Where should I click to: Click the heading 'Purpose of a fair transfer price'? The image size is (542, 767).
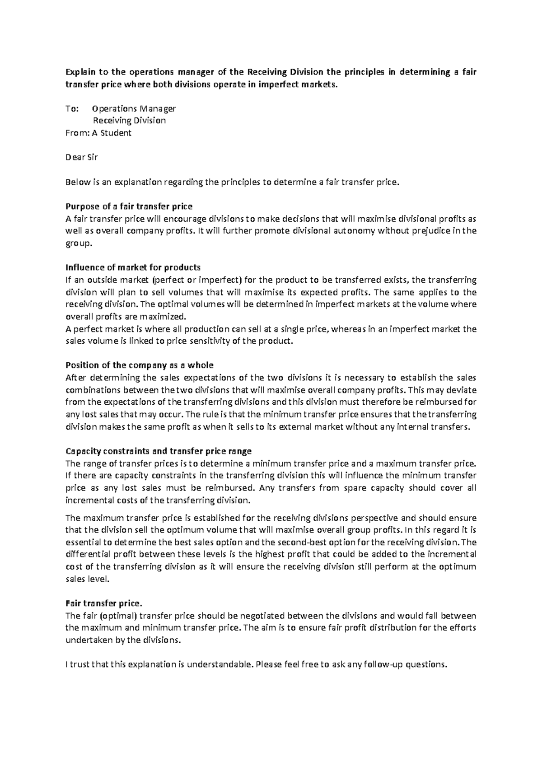click(x=129, y=206)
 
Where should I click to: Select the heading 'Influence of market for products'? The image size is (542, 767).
click(x=133, y=267)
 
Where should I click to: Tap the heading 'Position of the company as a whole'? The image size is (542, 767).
click(x=140, y=365)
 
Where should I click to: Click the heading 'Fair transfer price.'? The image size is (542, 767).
click(x=104, y=603)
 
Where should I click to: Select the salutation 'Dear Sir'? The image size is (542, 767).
click(x=82, y=158)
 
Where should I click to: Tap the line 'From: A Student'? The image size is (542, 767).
click(x=98, y=133)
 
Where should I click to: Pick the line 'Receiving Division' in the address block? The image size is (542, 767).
click(x=129, y=121)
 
